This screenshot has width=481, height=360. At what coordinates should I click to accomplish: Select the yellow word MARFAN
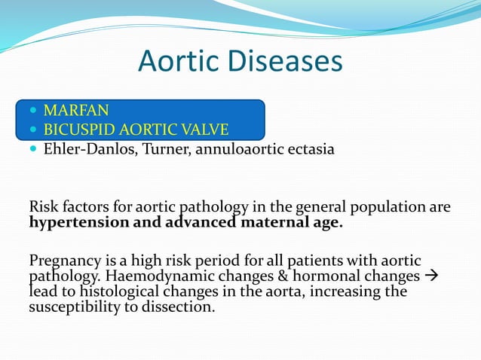(75, 111)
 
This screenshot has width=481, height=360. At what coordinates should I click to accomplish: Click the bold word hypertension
(72, 222)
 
